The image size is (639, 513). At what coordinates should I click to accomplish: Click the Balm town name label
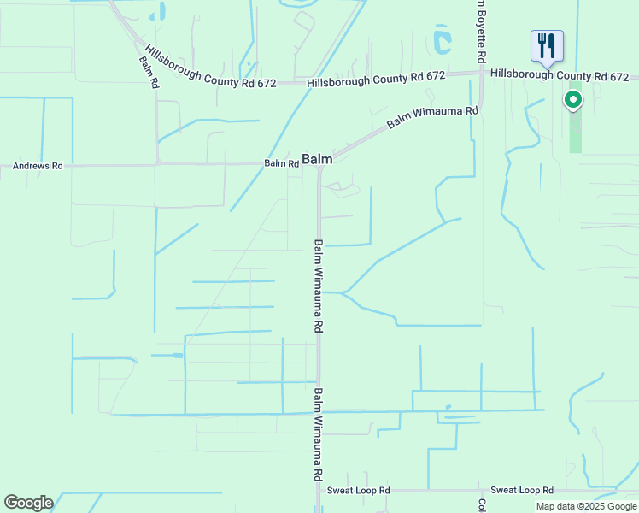point(317,159)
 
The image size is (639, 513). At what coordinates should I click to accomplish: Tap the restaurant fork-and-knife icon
point(547,45)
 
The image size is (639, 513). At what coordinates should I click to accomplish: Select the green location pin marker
point(573,100)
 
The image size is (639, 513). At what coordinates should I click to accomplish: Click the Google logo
point(28,503)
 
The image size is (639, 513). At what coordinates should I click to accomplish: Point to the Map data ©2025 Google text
point(586,506)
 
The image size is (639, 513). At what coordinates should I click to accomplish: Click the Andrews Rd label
point(38,166)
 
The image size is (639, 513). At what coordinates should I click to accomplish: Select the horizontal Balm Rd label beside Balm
point(281,162)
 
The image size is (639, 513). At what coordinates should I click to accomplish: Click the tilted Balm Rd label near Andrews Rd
point(149,73)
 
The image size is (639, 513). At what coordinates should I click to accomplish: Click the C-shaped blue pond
point(441,39)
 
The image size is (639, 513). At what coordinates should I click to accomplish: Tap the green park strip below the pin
point(575,133)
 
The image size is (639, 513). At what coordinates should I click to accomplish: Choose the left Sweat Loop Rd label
point(359,491)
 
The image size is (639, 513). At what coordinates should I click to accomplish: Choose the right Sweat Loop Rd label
point(522,491)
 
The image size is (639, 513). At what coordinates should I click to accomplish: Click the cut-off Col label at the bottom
point(481,505)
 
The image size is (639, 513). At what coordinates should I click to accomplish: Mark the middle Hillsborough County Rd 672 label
point(376,78)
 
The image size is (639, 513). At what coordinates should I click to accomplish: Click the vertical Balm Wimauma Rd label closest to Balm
point(318,286)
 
